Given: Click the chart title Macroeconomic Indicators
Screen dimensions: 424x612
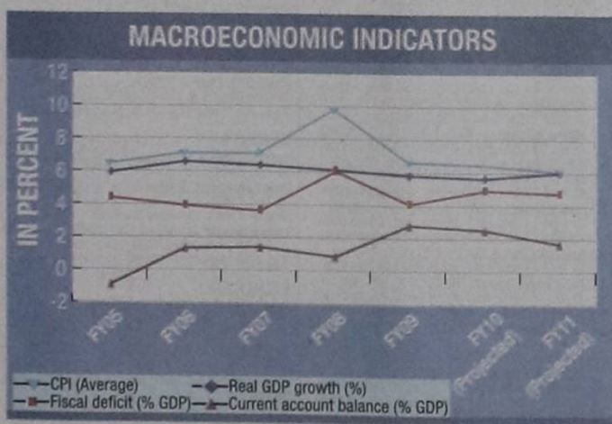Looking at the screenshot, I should point(313,40).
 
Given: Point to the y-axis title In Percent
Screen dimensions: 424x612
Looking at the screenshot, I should point(30,180).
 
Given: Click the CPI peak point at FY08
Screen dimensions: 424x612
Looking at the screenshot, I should point(334,110).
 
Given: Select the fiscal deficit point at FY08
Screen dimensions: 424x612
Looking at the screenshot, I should point(334,169).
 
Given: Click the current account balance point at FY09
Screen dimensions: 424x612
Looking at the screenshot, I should point(409,227).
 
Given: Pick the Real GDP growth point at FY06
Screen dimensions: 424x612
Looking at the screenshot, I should point(184,161).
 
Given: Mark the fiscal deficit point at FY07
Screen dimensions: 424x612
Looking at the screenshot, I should point(260,209).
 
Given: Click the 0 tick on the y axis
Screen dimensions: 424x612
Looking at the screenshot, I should point(59,268).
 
